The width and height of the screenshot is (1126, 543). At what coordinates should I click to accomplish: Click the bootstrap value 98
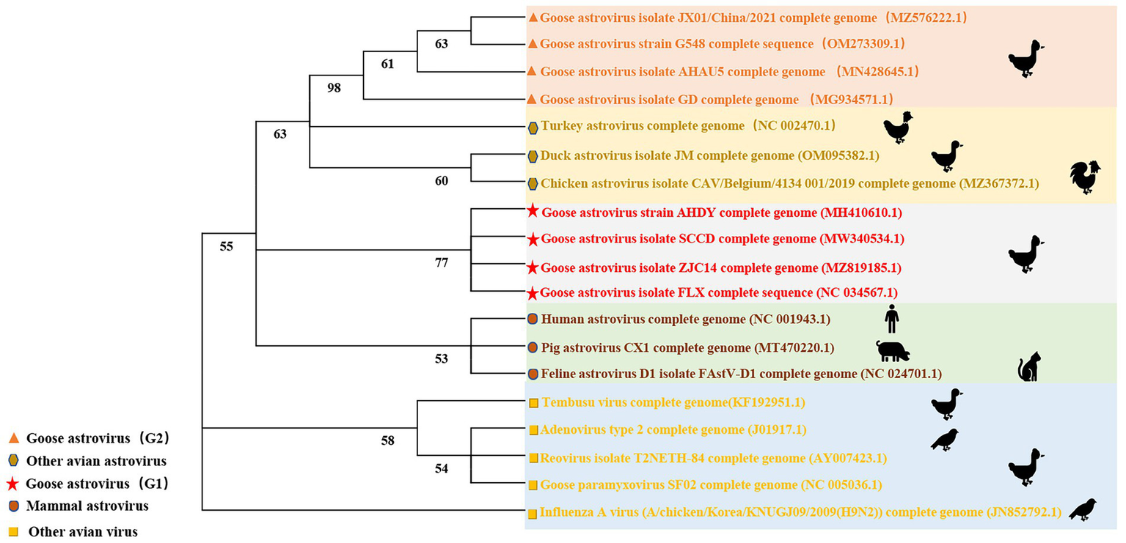(334, 88)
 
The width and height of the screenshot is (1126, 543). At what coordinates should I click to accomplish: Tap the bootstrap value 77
(442, 262)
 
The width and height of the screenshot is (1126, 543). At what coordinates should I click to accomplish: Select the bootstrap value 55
(227, 246)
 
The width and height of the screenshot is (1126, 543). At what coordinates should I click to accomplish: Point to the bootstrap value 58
(388, 440)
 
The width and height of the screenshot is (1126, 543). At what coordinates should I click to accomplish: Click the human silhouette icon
(891, 319)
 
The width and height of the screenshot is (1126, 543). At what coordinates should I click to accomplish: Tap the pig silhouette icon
(893, 351)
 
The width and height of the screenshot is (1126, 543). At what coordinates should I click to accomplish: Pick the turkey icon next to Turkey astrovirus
(899, 127)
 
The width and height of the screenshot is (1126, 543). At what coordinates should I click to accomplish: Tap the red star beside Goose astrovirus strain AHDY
(533, 212)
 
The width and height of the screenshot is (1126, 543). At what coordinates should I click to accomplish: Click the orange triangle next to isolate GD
(533, 99)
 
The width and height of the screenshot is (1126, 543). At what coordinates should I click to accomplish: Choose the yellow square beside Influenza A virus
(533, 514)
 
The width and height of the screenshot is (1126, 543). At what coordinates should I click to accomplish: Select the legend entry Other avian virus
(82, 532)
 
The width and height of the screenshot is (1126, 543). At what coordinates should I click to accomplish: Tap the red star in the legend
(12, 484)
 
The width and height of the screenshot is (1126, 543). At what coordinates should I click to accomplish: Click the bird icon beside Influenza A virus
(1083, 509)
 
